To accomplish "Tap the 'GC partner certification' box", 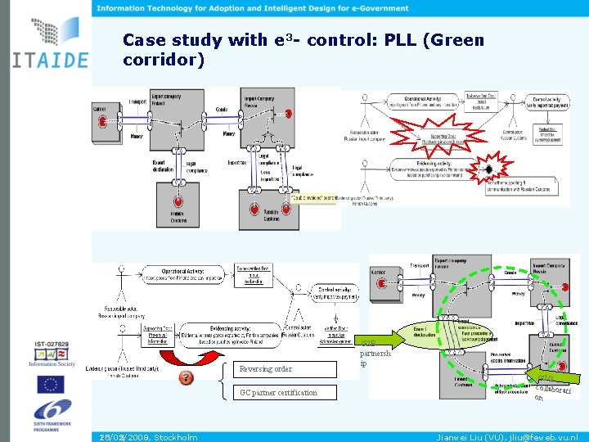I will tap(278, 393).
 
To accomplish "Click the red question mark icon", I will tap(186, 377).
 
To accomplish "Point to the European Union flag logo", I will tap(50, 384).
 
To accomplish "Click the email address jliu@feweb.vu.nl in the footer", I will tap(543, 437).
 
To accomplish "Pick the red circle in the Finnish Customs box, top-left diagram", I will tap(177, 203).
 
